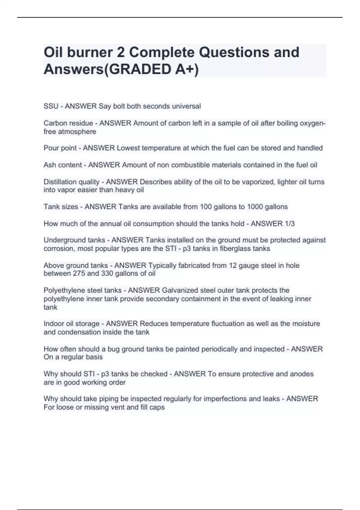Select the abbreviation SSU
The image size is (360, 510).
click(x=51, y=106)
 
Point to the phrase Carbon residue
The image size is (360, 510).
click(x=68, y=123)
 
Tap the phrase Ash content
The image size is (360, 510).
click(x=62, y=165)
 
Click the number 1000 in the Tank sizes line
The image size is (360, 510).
click(x=254, y=207)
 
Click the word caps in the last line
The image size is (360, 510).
click(x=157, y=407)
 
